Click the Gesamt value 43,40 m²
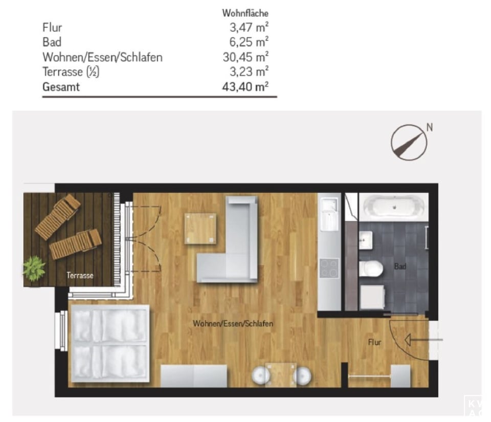click(x=245, y=87)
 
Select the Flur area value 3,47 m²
click(x=249, y=28)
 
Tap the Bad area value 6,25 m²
click(x=249, y=42)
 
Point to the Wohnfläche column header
click(x=245, y=13)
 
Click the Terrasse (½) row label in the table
click(x=71, y=72)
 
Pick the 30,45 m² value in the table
click(x=245, y=57)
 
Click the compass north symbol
click(x=409, y=142)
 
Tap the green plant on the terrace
click(x=34, y=268)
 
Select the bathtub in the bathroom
click(x=394, y=207)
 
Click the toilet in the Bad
click(x=371, y=269)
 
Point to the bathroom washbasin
click(x=365, y=240)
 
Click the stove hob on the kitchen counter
click(x=329, y=268)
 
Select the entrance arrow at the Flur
click(x=423, y=340)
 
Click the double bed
click(x=110, y=343)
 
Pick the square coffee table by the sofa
click(x=200, y=229)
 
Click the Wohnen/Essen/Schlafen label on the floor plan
click(x=233, y=323)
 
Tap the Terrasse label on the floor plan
click(x=80, y=276)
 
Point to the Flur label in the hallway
click(x=374, y=342)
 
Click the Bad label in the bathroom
click(x=400, y=266)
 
